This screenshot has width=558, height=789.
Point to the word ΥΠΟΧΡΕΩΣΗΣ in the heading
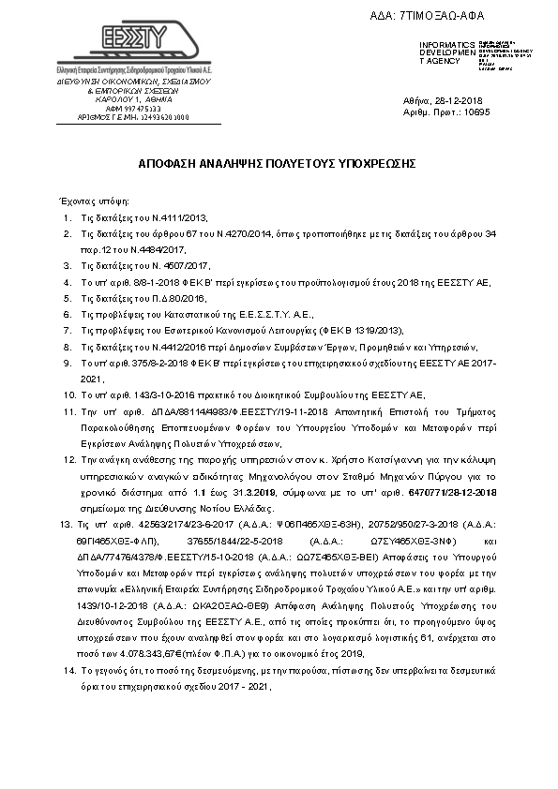pyautogui.click(x=371, y=163)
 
